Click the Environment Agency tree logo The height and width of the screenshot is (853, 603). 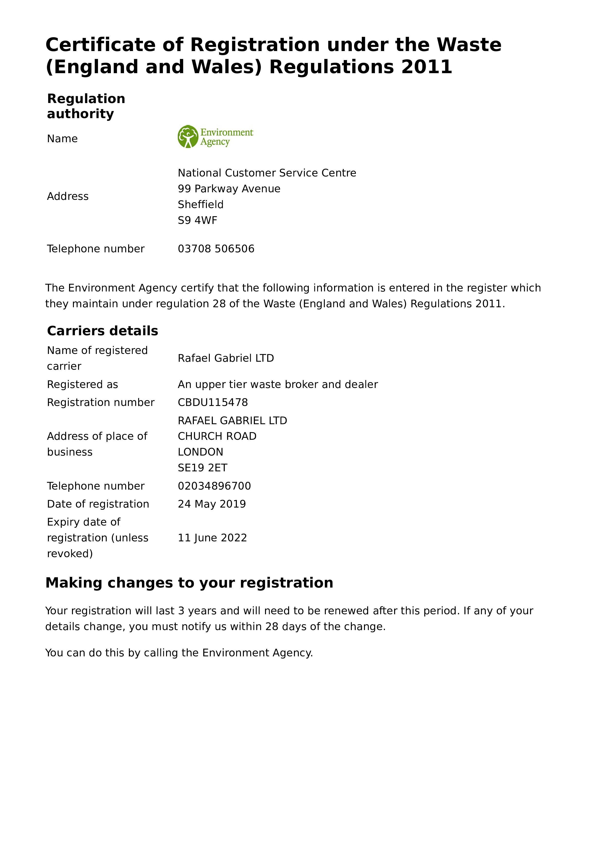coord(188,137)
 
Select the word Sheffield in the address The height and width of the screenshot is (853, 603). coord(201,204)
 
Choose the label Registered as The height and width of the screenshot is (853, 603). coord(82,385)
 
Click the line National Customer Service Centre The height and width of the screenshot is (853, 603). coord(267,173)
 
